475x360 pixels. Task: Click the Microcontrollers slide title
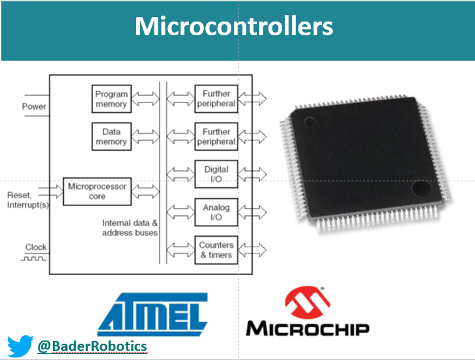(x=234, y=27)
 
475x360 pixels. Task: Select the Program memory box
(x=111, y=98)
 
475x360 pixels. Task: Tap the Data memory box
(x=111, y=136)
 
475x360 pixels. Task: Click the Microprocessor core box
(x=96, y=191)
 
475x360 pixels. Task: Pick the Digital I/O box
(x=216, y=174)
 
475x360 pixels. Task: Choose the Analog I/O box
(x=216, y=212)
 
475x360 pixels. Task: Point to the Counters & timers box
(x=216, y=250)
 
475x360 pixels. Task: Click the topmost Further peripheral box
(x=216, y=98)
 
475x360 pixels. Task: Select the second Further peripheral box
(x=216, y=136)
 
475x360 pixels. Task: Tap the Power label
(x=34, y=106)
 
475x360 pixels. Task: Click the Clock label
(x=36, y=247)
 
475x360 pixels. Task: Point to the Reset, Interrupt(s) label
(x=28, y=201)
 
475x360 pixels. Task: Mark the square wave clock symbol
(x=36, y=258)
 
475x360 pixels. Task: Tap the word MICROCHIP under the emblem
(x=307, y=327)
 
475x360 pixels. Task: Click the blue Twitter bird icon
(x=20, y=346)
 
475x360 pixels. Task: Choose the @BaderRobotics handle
(x=92, y=346)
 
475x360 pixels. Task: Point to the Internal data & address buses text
(x=130, y=228)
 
